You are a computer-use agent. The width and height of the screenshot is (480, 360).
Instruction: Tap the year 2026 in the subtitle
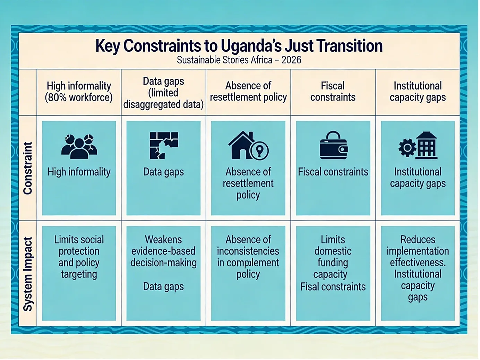tap(291, 60)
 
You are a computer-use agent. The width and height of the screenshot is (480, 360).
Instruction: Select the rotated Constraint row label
tap(28, 168)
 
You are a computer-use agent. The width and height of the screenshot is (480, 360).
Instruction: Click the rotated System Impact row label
tap(28, 274)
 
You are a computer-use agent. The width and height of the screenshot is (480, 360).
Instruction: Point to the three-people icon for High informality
tap(79, 146)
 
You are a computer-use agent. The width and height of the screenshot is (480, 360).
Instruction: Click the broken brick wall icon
tap(164, 145)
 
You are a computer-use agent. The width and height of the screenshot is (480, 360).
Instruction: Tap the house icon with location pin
tap(248, 145)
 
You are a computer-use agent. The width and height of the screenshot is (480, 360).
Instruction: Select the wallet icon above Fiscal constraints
tap(333, 145)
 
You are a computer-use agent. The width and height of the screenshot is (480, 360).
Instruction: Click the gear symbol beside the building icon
tap(407, 148)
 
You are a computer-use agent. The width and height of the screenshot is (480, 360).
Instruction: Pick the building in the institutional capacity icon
tap(427, 145)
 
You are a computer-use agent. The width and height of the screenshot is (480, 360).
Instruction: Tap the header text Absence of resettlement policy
tap(248, 92)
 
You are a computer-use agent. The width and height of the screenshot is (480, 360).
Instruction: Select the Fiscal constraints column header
tap(333, 92)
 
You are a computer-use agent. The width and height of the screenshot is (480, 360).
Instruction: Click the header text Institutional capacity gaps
tap(418, 92)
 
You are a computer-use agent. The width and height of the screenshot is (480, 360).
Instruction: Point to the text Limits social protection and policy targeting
tap(79, 257)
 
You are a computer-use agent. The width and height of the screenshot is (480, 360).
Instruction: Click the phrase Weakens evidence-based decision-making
tap(164, 251)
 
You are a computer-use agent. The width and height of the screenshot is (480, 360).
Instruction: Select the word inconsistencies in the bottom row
tap(248, 251)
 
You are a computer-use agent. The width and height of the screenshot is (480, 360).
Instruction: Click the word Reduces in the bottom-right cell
tap(418, 240)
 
